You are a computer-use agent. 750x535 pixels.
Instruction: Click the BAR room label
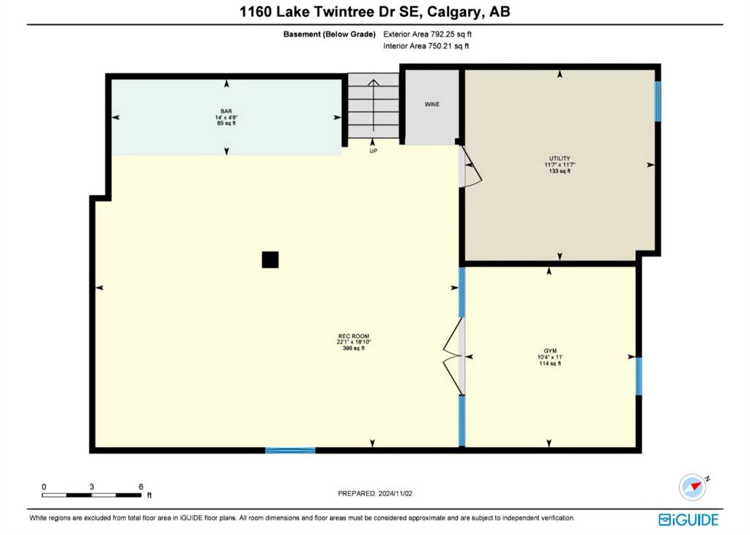[226, 111]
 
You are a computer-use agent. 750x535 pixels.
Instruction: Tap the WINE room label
[432, 104]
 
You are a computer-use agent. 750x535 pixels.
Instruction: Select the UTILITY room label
[560, 158]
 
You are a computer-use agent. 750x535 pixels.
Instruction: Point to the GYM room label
[550, 351]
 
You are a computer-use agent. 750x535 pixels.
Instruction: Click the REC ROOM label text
[354, 336]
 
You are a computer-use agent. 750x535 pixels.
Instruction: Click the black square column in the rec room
[270, 260]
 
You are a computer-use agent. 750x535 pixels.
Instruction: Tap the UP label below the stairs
[373, 151]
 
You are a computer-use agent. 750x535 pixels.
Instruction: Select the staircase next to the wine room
[373, 106]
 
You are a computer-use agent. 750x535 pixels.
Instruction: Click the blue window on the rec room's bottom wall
[290, 450]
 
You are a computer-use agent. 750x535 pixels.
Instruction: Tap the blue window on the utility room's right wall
[658, 101]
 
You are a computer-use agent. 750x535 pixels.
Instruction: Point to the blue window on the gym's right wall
[639, 376]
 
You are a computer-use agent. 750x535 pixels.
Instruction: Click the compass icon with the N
[694, 487]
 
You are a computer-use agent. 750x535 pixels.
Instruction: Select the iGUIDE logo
[688, 520]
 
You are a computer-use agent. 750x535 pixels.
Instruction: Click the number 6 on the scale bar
[141, 487]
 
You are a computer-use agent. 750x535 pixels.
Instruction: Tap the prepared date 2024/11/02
[395, 493]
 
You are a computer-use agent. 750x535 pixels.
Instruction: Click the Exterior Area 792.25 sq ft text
[427, 34]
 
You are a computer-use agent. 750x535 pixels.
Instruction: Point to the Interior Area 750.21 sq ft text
[426, 46]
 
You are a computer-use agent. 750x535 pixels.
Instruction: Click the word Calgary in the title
[454, 12]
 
